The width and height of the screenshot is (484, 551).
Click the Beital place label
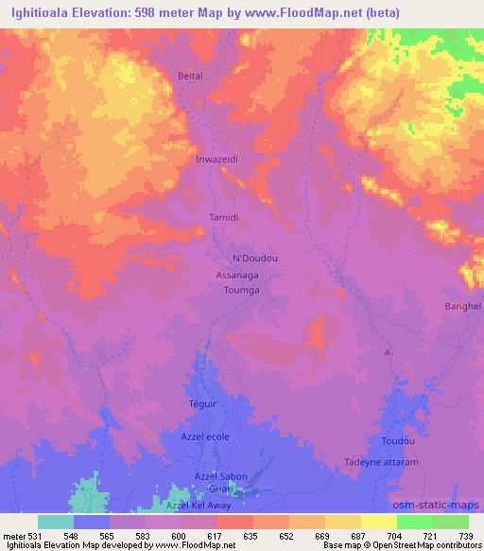[x=190, y=75]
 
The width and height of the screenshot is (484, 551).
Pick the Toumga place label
[x=240, y=291]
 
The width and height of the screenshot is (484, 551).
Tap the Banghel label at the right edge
[x=463, y=307]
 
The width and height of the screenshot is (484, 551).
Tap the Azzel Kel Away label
[x=198, y=507]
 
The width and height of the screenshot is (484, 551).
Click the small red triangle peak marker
[x=388, y=353]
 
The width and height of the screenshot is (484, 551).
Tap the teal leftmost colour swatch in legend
[x=55, y=522]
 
